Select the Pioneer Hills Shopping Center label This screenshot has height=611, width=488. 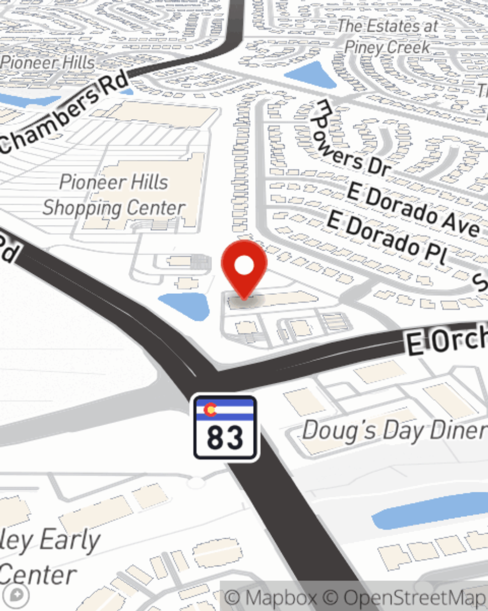[113, 195]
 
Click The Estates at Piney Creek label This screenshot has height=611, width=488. [388, 37]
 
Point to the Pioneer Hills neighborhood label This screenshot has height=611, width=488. [48, 63]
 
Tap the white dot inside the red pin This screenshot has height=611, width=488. [244, 266]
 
